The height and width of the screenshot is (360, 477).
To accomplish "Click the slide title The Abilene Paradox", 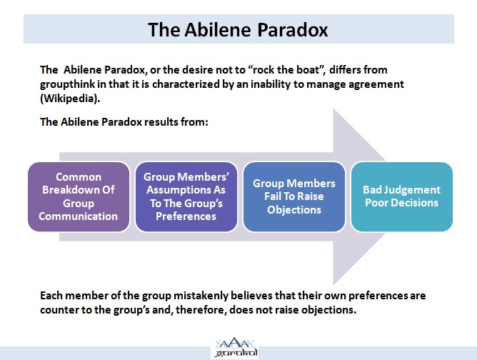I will pos(239,29).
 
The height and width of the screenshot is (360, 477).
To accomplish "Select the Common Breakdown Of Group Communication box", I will pos(79,196).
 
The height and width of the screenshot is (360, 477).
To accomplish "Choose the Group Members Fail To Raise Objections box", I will pos(293,196).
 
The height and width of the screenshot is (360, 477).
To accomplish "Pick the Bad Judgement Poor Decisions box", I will pos(401,196).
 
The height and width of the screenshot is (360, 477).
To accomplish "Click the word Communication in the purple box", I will pos(79,216).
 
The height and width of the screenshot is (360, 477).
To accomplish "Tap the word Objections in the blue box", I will pos(293,210).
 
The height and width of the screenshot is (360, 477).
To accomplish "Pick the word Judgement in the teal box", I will pos(415,190).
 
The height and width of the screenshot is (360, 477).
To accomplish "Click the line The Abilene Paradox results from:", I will pos(124,122).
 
